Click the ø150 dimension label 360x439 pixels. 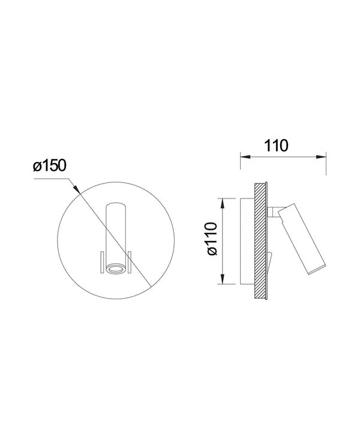tap(50, 166)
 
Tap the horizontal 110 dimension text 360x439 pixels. tap(276, 146)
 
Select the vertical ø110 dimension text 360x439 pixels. tap(212, 239)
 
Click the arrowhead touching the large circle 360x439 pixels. tap(76, 189)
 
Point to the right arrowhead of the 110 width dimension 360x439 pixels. tap(321, 157)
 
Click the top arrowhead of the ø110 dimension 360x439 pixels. tap(223, 203)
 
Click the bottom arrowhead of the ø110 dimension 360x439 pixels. tap(223, 279)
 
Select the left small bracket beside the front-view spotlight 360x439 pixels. tap(102, 262)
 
